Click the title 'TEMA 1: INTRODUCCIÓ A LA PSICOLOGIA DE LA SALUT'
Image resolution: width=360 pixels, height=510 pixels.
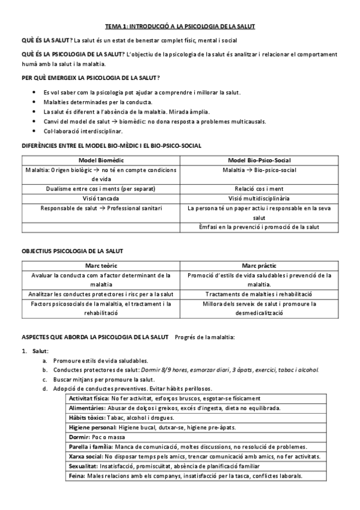(x=180, y=26)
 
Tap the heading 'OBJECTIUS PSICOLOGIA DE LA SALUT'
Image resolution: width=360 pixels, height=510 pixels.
(x=72, y=250)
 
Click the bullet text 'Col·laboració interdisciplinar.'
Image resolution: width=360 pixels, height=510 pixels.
(x=83, y=131)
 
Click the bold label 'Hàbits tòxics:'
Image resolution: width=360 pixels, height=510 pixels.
(x=87, y=417)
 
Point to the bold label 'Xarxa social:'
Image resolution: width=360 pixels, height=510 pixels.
(x=86, y=456)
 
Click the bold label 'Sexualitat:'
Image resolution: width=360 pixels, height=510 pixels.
(x=85, y=466)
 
